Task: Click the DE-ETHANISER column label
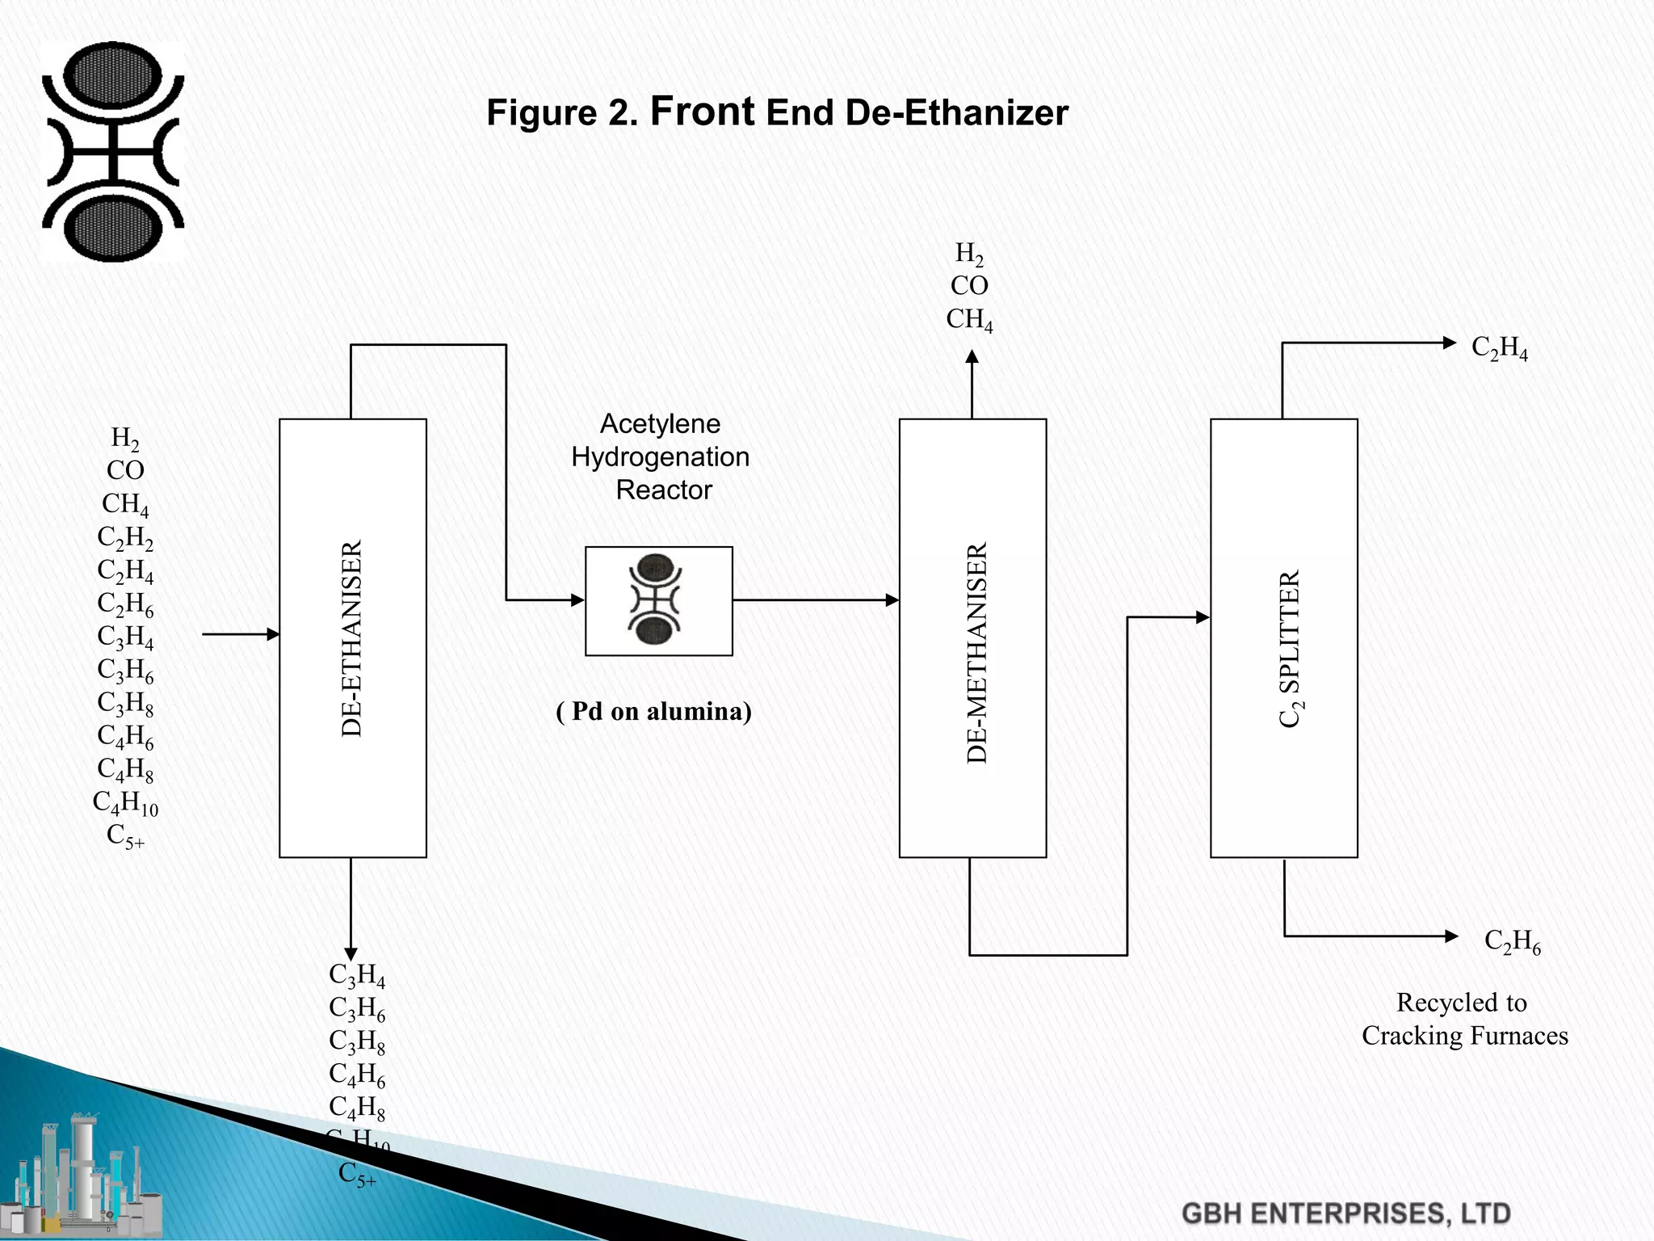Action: point(352,638)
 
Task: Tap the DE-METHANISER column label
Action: point(977,653)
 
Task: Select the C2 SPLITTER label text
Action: point(1290,649)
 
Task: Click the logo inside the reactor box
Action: point(656,599)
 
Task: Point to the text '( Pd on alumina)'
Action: point(654,711)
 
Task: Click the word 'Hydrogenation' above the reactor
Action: point(660,457)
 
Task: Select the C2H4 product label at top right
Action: point(1499,348)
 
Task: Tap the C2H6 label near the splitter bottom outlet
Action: point(1512,942)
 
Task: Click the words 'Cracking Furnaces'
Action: point(1464,1036)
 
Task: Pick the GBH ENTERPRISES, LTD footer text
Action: point(1345,1214)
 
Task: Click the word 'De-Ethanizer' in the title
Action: point(957,113)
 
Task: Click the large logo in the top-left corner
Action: point(113,151)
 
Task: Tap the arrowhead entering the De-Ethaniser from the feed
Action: point(273,634)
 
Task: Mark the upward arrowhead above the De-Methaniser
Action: point(972,356)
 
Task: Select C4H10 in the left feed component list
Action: point(125,803)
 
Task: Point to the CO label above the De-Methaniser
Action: point(969,286)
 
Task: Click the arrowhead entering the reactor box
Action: point(577,600)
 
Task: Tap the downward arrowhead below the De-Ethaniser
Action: point(351,954)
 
